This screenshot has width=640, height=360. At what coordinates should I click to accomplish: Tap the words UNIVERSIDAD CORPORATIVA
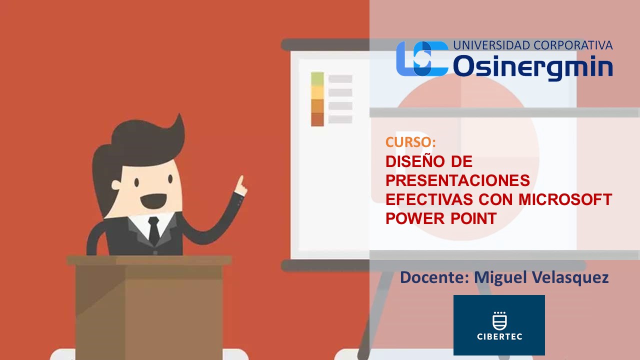(533, 45)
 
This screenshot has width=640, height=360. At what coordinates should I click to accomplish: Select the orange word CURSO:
(410, 142)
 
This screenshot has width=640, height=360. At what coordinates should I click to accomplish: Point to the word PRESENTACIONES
(457, 180)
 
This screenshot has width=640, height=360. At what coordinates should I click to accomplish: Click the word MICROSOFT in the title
(565, 199)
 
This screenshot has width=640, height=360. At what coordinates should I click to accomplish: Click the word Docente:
(434, 277)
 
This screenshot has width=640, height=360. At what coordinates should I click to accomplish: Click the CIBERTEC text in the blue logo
(499, 336)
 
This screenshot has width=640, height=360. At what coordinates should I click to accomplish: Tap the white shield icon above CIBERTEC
(499, 321)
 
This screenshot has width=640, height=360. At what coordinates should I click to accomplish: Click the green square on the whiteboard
(317, 79)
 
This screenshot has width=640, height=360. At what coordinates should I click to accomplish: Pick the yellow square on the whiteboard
(317, 92)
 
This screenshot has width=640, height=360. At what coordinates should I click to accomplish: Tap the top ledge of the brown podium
(149, 260)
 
